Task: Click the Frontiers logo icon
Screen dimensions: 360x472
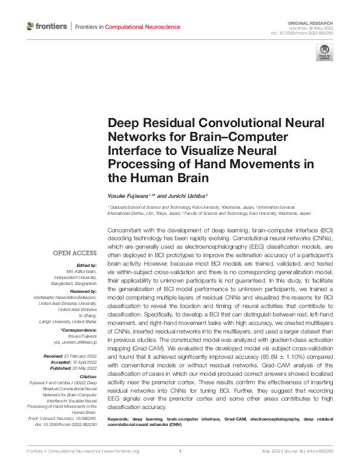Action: pyautogui.click(x=31, y=26)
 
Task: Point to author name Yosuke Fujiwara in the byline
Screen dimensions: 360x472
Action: pyautogui.click(x=128, y=196)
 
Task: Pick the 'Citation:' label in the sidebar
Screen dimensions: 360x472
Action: pyautogui.click(x=86, y=376)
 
